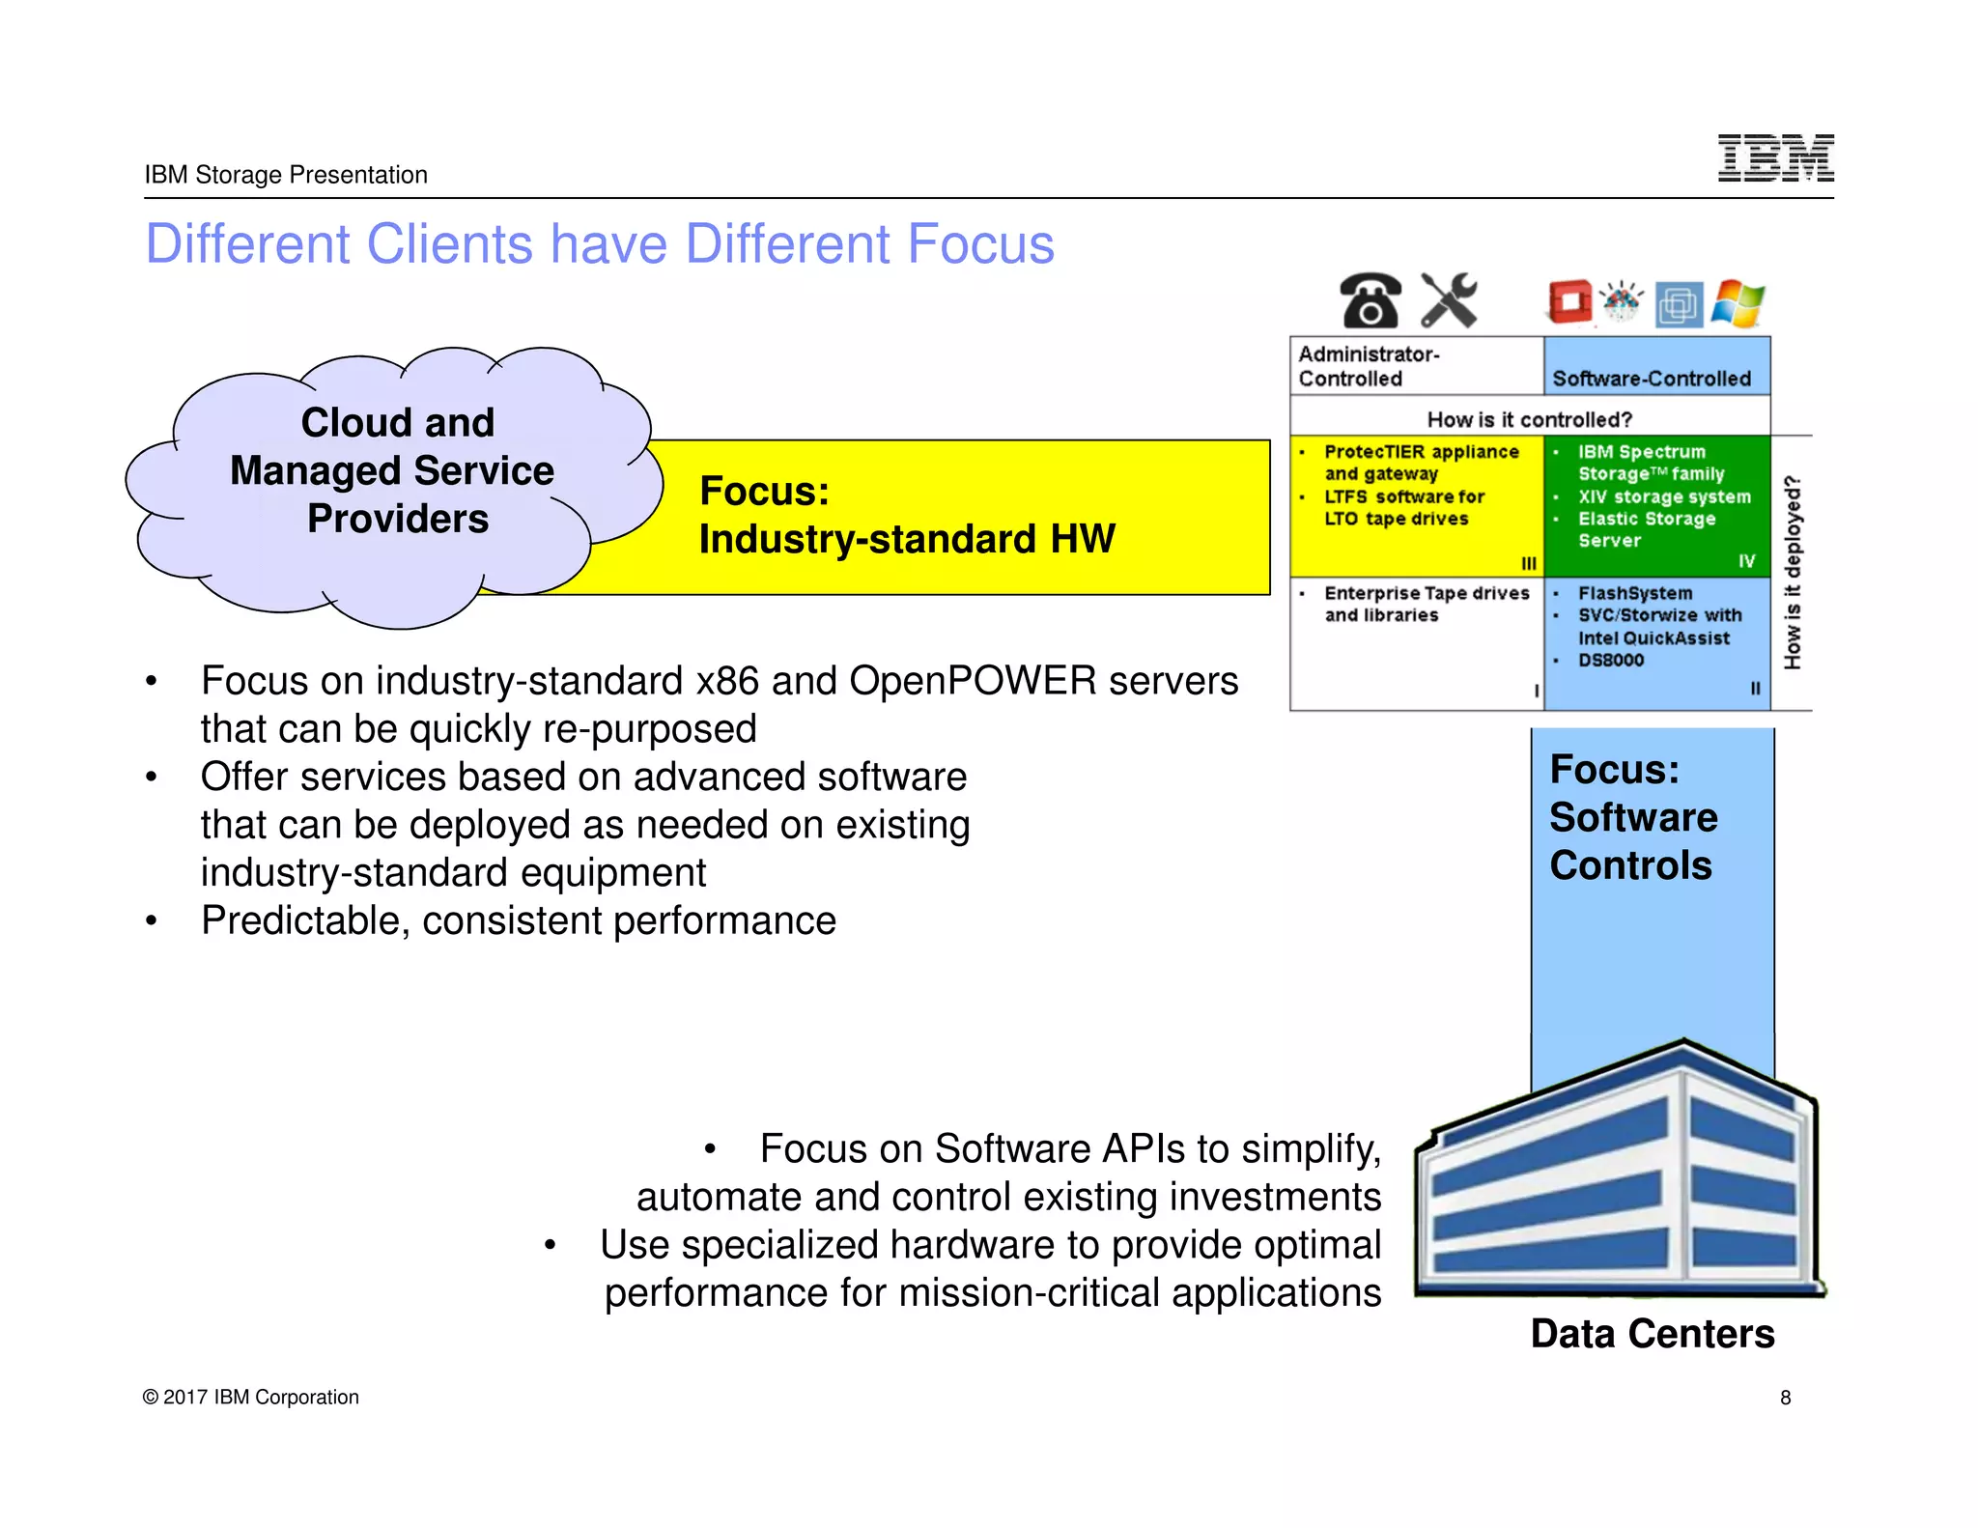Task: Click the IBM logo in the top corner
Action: pos(1775,158)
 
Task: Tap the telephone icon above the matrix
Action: pos(1370,300)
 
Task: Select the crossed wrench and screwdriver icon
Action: pos(1449,300)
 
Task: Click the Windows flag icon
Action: pos(1738,304)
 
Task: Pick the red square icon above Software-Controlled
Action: pos(1569,301)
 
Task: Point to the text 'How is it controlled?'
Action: pos(1530,419)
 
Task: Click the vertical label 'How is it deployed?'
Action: pos(1793,572)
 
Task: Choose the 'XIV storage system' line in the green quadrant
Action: pos(1664,496)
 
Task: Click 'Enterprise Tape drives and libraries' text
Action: pos(1426,604)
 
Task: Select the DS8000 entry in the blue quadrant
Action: pos(1611,660)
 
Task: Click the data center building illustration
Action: pos(1617,1174)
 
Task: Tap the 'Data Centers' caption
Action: pos(1653,1334)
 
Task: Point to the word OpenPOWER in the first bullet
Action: pos(973,681)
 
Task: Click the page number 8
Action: pos(1786,1398)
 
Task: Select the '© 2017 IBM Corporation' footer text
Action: pos(251,1398)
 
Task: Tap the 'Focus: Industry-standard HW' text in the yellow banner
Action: pos(906,515)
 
